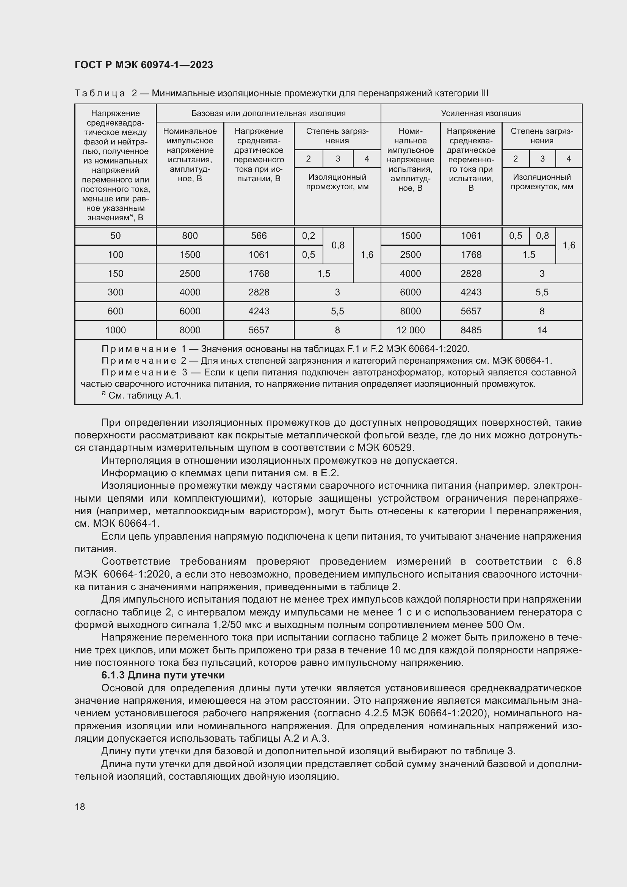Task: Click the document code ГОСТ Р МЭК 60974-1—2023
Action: pyautogui.click(x=144, y=65)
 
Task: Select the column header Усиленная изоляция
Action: pyautogui.click(x=481, y=113)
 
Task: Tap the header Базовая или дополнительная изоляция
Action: pyautogui.click(x=268, y=113)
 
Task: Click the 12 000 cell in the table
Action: pyautogui.click(x=410, y=330)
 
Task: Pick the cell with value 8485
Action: pyautogui.click(x=471, y=330)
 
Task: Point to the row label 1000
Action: pyautogui.click(x=116, y=330)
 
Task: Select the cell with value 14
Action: pyautogui.click(x=542, y=330)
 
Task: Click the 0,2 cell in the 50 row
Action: pyautogui.click(x=309, y=235)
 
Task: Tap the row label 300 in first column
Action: pyautogui.click(x=116, y=292)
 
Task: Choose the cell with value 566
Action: pyautogui.click(x=259, y=235)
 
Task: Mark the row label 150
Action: pyautogui.click(x=116, y=273)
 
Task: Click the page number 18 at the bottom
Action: pyautogui.click(x=80, y=807)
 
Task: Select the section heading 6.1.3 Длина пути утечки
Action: pyautogui.click(x=163, y=675)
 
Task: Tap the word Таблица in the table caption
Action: pyautogui.click(x=100, y=94)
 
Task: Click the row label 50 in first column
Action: pyautogui.click(x=116, y=235)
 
